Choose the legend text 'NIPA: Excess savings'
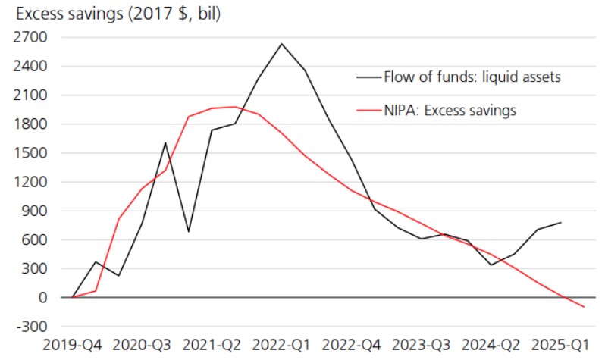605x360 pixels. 450,111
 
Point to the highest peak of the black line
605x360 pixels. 281,43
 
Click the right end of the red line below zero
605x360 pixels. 583,307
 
